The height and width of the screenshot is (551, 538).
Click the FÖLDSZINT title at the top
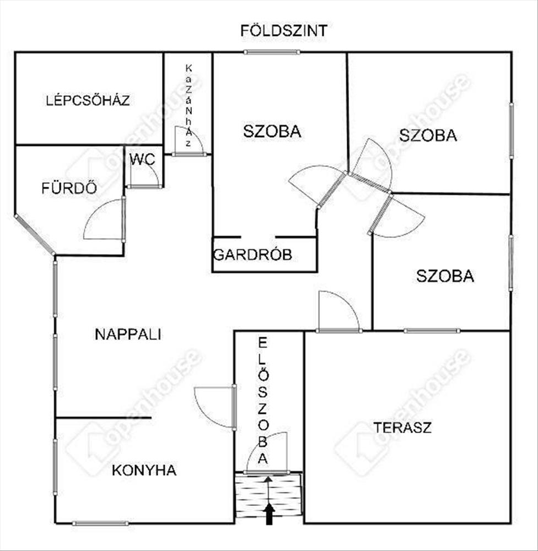(x=284, y=30)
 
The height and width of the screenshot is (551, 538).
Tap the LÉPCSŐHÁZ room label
(x=88, y=100)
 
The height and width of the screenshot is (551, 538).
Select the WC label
(x=142, y=160)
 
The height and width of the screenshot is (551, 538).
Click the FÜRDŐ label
(x=69, y=188)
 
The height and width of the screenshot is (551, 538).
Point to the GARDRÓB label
(x=252, y=255)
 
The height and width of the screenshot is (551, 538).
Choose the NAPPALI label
(x=128, y=334)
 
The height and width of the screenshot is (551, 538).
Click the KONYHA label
(x=144, y=470)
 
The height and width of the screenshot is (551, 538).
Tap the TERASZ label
(x=402, y=427)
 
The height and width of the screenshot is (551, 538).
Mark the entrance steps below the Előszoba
(x=269, y=496)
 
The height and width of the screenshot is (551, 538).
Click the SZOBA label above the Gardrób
(x=272, y=132)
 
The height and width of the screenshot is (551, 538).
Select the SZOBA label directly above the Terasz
(x=445, y=275)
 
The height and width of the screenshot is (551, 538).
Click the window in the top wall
(x=272, y=52)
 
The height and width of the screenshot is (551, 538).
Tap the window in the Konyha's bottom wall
(x=100, y=523)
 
